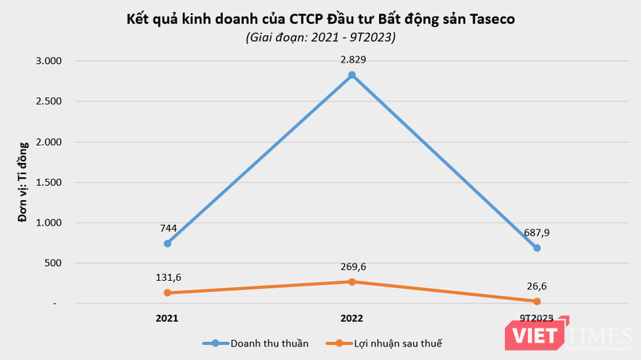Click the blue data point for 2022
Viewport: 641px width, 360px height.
point(351,75)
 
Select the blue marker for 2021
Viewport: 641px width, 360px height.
point(167,243)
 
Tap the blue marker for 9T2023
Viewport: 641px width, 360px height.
point(537,248)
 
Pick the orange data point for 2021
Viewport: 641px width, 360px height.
point(167,293)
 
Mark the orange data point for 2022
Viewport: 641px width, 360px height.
point(351,282)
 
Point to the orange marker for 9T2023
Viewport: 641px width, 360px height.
point(537,301)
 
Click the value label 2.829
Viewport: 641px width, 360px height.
point(351,59)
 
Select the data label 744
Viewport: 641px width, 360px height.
point(167,227)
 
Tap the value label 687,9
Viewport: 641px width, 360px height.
point(537,232)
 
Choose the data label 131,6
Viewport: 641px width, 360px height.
point(167,277)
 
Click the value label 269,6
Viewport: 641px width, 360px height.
point(351,266)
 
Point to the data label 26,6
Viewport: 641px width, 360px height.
point(537,286)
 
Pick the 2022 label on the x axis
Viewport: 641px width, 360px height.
point(351,318)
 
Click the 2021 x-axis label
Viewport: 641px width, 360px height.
point(167,318)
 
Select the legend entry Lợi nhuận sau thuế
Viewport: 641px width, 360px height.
point(389,343)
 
